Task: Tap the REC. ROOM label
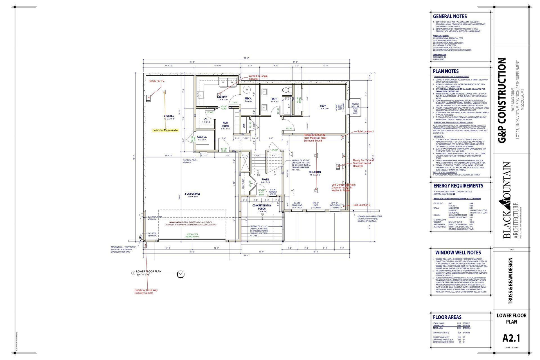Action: click(314, 172)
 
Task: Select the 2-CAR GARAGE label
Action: click(192, 194)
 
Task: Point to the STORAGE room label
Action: click(169, 116)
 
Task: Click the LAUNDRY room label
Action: click(222, 97)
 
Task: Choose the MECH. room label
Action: click(248, 98)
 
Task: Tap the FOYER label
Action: click(265, 179)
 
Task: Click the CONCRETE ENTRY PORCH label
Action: click(262, 207)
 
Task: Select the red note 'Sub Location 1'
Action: click(365, 131)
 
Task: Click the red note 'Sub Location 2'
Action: click(362, 205)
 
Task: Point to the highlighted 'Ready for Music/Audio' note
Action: click(165, 130)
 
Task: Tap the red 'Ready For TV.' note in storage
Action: click(157, 81)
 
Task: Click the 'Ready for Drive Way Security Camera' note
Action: click(146, 291)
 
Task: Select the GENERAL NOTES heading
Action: click(450, 16)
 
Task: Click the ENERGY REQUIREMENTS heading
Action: click(458, 186)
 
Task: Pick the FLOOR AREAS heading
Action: click(447, 317)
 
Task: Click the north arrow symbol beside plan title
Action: click(181, 274)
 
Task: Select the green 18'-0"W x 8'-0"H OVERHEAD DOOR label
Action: click(192, 235)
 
